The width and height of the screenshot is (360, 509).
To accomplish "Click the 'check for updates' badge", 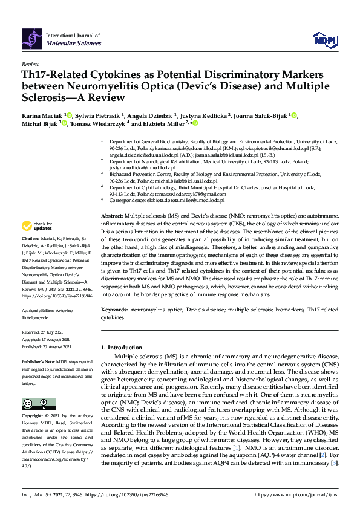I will tap(36, 227).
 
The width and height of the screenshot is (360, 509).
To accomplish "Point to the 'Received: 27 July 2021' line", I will tap(43, 332).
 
